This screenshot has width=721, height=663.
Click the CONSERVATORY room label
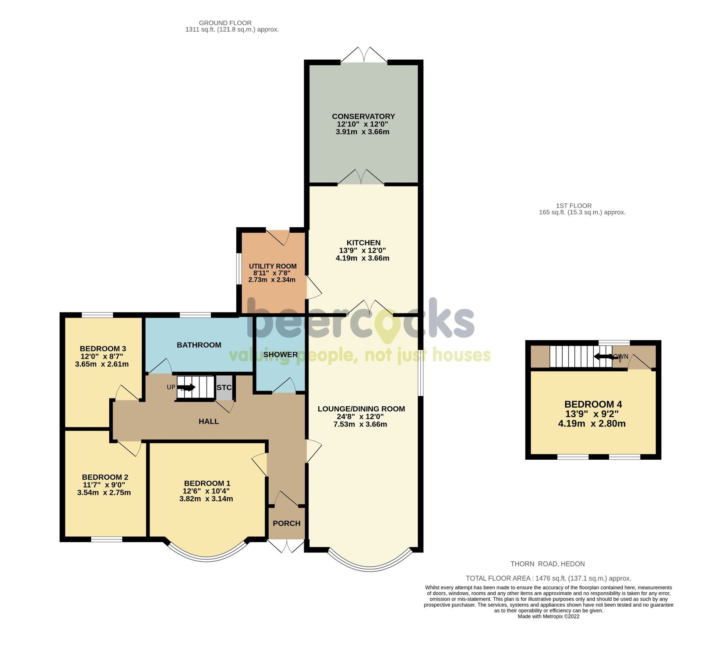point(363,116)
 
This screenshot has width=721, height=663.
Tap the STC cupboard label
point(224,387)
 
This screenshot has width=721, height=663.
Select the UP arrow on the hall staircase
point(186,387)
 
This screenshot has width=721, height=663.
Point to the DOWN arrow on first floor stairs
point(604,357)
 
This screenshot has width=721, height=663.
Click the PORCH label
point(286,523)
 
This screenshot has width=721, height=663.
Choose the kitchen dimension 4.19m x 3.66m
point(362,258)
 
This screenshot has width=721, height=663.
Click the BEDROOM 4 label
point(593,404)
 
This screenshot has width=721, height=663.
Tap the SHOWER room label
point(280,354)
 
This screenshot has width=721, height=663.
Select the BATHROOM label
point(199,345)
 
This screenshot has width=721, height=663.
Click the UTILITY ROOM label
point(272,266)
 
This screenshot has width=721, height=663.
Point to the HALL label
point(209,421)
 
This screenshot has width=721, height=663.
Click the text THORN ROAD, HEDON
point(547,564)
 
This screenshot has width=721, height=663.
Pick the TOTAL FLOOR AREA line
point(548,578)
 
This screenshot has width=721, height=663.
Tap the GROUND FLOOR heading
point(225,23)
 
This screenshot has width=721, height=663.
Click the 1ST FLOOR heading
point(573,206)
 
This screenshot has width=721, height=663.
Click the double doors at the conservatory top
point(364,55)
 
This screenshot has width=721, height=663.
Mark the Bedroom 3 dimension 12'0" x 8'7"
point(102,356)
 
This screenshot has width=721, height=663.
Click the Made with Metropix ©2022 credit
point(548,616)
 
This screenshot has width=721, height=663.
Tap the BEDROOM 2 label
point(105,477)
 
